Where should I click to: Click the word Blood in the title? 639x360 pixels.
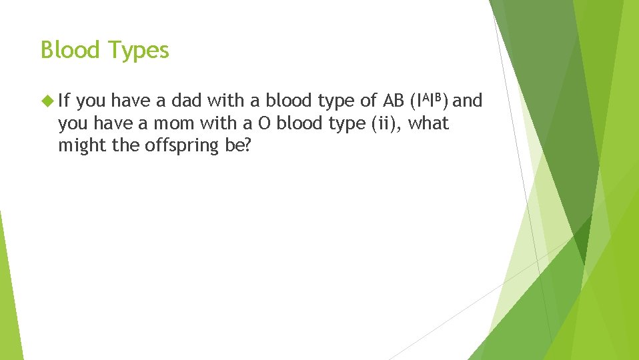(x=69, y=50)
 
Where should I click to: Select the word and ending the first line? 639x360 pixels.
(x=467, y=101)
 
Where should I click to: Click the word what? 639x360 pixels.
(x=428, y=123)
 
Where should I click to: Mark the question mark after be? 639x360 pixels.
(x=247, y=146)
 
